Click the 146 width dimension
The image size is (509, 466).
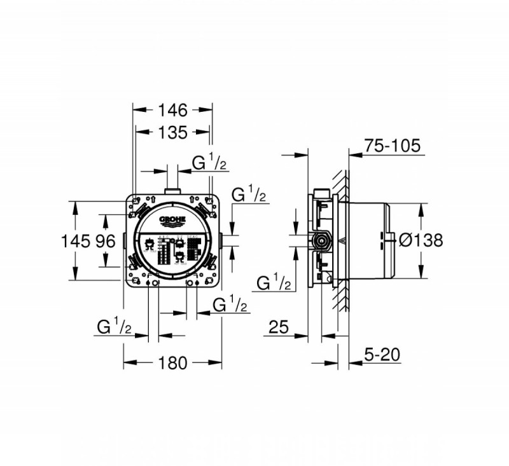172,110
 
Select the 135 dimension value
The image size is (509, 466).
172,132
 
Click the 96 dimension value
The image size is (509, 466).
105,241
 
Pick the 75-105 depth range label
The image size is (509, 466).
392,146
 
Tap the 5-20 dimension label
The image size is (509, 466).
382,354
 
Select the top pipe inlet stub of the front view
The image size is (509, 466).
172,191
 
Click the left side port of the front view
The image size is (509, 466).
123,241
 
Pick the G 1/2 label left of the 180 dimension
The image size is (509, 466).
115,327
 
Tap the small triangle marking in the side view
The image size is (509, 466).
344,241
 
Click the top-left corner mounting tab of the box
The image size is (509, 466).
136,202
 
